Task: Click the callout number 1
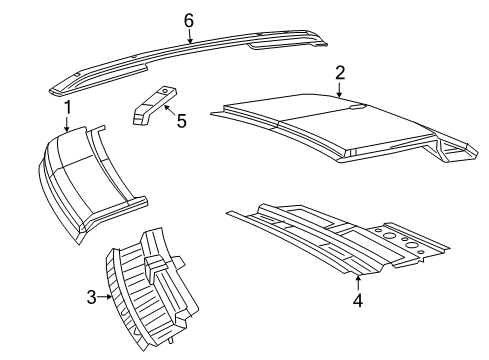(67, 106)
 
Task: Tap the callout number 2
(341, 72)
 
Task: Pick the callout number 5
(180, 121)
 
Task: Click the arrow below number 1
(67, 124)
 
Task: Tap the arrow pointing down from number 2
(341, 90)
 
